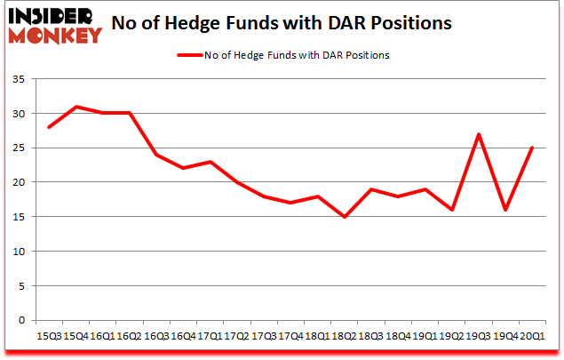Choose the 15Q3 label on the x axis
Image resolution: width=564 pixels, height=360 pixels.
pyautogui.click(x=51, y=336)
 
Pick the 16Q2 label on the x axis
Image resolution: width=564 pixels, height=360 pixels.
pyautogui.click(x=130, y=336)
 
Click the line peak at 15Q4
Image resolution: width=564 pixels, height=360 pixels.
pyautogui.click(x=77, y=107)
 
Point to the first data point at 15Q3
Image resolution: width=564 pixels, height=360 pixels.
pyautogui.click(x=51, y=127)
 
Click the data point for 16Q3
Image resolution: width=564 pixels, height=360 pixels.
pyautogui.click(x=156, y=155)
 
